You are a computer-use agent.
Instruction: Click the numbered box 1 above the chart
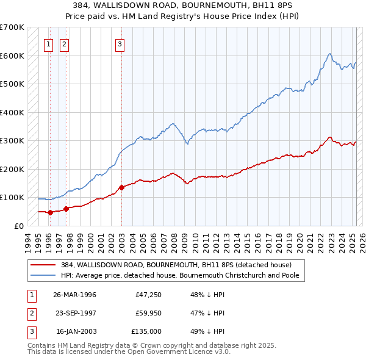(x=48, y=43)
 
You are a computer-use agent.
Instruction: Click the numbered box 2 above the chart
(x=64, y=43)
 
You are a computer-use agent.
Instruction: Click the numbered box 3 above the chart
(x=120, y=43)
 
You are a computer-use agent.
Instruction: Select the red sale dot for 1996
(x=51, y=212)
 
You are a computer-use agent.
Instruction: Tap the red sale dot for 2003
(x=121, y=187)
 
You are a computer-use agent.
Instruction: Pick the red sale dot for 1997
(x=66, y=209)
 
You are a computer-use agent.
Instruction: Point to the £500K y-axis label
(x=12, y=84)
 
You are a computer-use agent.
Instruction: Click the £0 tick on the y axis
(x=20, y=226)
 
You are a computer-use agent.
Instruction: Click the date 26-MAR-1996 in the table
(x=75, y=295)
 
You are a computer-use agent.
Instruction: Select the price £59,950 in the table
(x=148, y=313)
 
